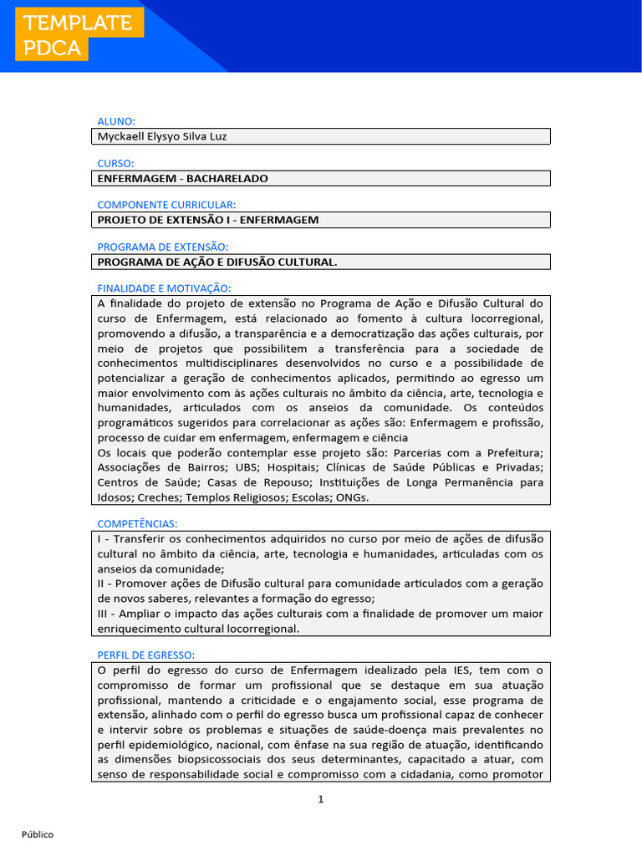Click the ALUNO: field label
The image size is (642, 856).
[116, 121]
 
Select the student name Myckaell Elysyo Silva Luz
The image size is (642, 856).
[162, 136]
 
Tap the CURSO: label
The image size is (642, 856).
[116, 163]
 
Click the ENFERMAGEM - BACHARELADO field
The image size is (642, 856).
[183, 178]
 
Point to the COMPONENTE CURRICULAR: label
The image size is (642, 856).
[166, 205]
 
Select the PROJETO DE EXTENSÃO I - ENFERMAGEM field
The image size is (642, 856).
[208, 220]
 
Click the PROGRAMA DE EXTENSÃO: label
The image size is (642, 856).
[163, 247]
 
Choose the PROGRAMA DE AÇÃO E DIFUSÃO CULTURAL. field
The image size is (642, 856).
[217, 262]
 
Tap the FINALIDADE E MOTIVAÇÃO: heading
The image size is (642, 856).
[164, 288]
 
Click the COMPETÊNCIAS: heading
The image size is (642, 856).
[138, 523]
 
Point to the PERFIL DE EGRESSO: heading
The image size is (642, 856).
[146, 655]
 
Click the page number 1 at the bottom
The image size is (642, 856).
[320, 799]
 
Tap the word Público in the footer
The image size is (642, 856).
[38, 834]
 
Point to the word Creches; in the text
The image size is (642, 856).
[159, 497]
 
